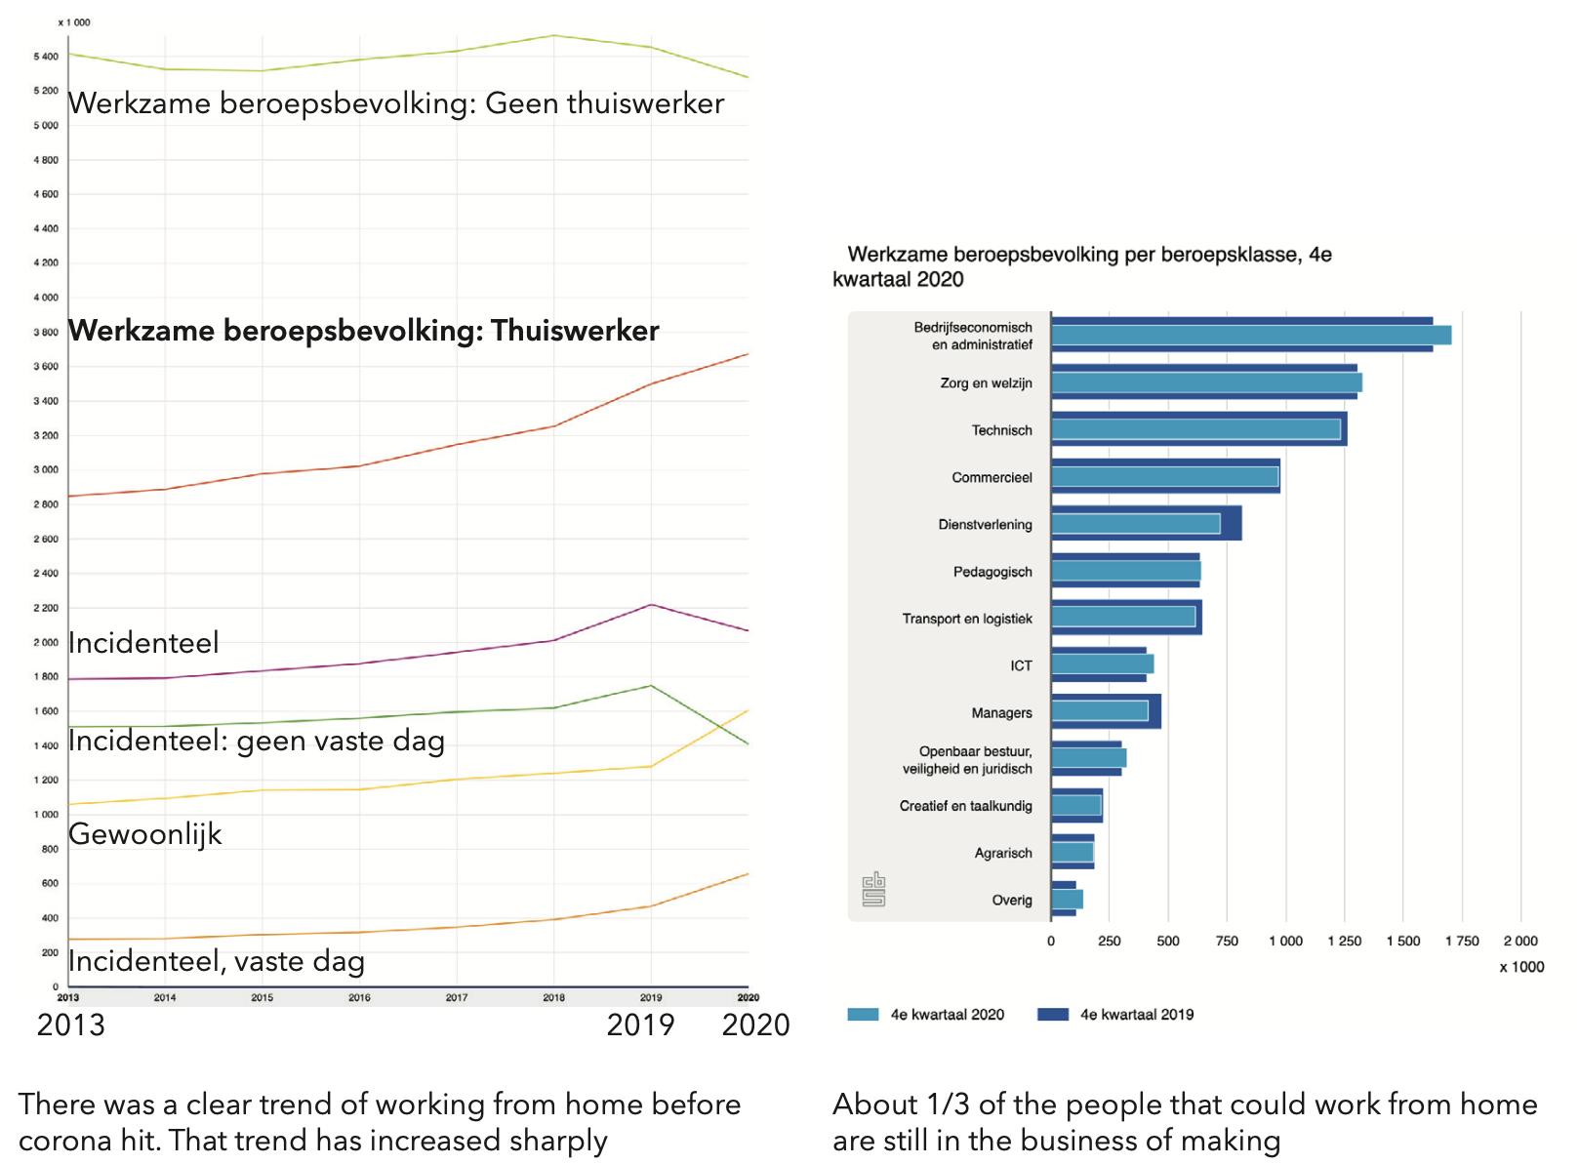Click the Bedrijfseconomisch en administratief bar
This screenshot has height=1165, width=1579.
coord(1249,335)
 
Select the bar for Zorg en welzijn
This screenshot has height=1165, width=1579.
coord(1205,382)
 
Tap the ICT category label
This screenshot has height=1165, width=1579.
coord(1021,665)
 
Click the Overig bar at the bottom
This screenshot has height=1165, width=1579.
coord(1067,900)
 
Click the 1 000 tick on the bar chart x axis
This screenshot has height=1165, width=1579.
coord(1285,942)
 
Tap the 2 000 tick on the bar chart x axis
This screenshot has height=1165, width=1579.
coord(1519,942)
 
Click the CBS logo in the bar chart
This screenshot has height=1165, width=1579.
coord(873,889)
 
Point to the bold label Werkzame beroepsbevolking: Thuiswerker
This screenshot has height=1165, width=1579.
coord(363,331)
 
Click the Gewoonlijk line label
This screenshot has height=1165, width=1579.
coord(145,834)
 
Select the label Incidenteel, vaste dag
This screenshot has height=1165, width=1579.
coord(216,962)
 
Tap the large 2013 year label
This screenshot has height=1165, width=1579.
coord(70,1025)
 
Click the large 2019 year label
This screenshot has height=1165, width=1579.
coord(640,1025)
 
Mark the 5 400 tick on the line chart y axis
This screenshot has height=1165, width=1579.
coord(45,57)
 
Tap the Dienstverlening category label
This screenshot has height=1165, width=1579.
coord(985,525)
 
